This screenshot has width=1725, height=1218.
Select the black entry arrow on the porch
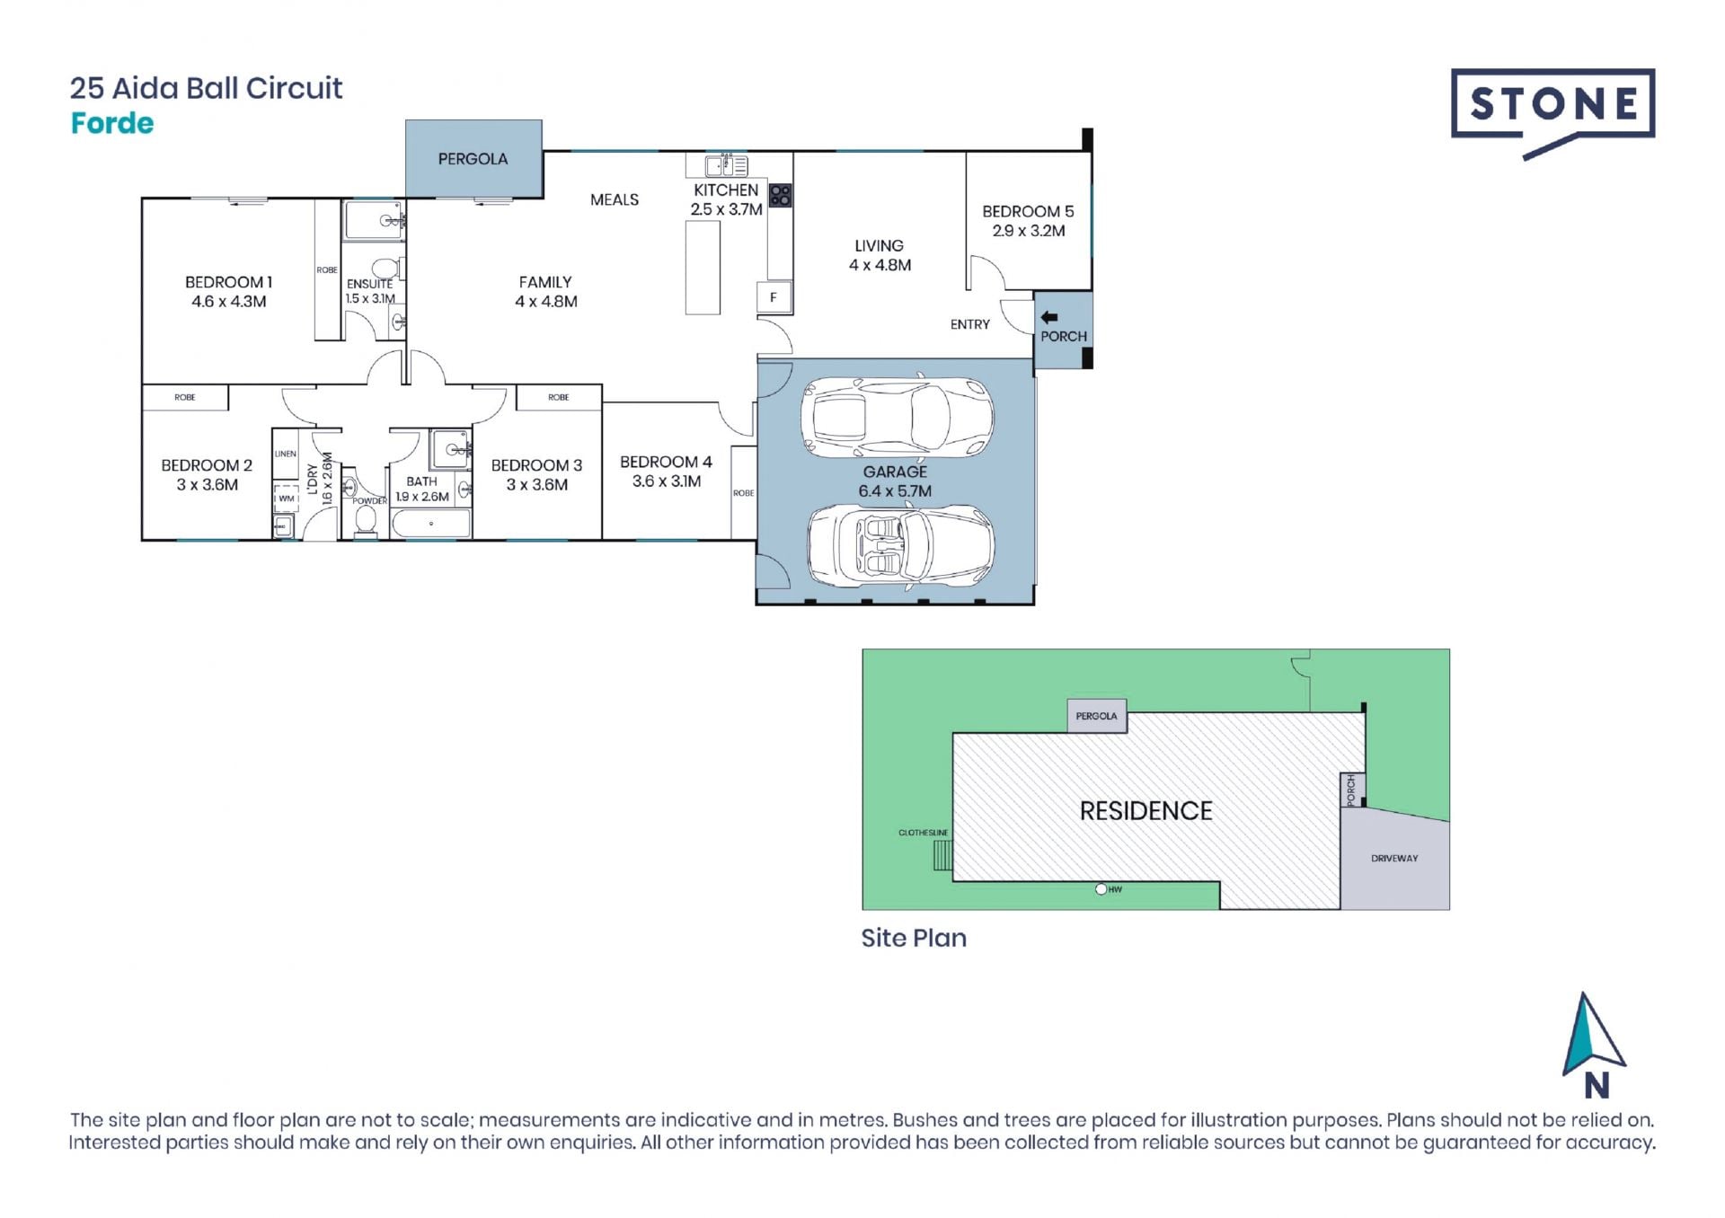pyautogui.click(x=1048, y=317)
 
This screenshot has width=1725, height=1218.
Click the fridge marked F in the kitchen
pyautogui.click(x=774, y=297)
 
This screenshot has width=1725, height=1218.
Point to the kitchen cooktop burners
pyautogui.click(x=780, y=195)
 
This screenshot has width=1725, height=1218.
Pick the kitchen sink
pyautogui.click(x=727, y=165)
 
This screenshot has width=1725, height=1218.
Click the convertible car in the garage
pyautogui.click(x=900, y=544)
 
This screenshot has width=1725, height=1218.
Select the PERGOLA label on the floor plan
pyautogui.click(x=473, y=159)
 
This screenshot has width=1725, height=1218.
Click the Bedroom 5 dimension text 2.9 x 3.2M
pyautogui.click(x=1029, y=231)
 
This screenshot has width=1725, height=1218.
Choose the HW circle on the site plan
pyautogui.click(x=1101, y=889)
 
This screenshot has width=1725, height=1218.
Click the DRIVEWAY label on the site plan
pyautogui.click(x=1394, y=859)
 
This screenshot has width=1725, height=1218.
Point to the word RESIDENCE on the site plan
pyautogui.click(x=1146, y=811)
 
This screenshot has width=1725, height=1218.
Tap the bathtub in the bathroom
pyautogui.click(x=431, y=524)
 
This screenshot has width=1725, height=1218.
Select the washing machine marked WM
pyautogui.click(x=286, y=498)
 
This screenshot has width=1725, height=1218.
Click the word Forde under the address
pyautogui.click(x=112, y=123)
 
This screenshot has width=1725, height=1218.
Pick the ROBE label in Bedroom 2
pyautogui.click(x=185, y=397)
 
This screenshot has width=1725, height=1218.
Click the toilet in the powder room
pyautogui.click(x=366, y=519)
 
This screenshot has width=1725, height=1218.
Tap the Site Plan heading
pyautogui.click(x=914, y=938)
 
